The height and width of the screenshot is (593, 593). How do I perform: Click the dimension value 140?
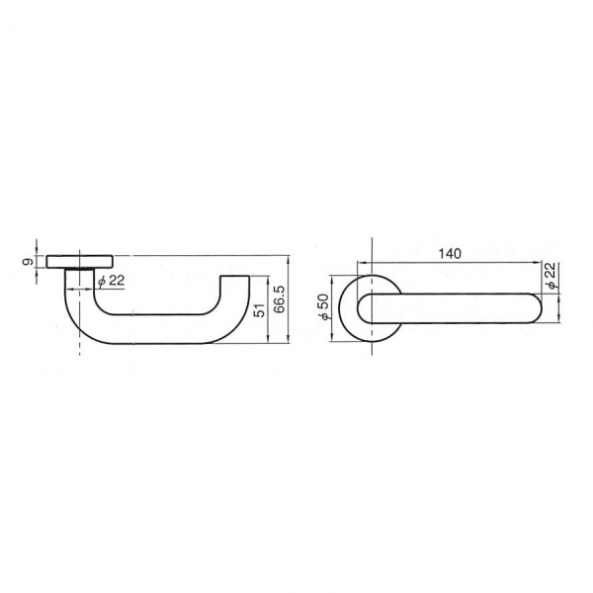(x=450, y=253)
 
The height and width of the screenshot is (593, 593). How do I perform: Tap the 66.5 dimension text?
(x=281, y=299)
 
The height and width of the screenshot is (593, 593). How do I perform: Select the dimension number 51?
(x=260, y=309)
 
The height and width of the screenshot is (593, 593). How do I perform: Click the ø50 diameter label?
(x=324, y=307)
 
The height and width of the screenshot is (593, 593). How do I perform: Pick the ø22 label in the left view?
(x=111, y=281)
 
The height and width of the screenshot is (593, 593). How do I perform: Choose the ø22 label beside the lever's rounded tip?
(x=551, y=276)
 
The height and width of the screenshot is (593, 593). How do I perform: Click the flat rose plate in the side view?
(x=79, y=262)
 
